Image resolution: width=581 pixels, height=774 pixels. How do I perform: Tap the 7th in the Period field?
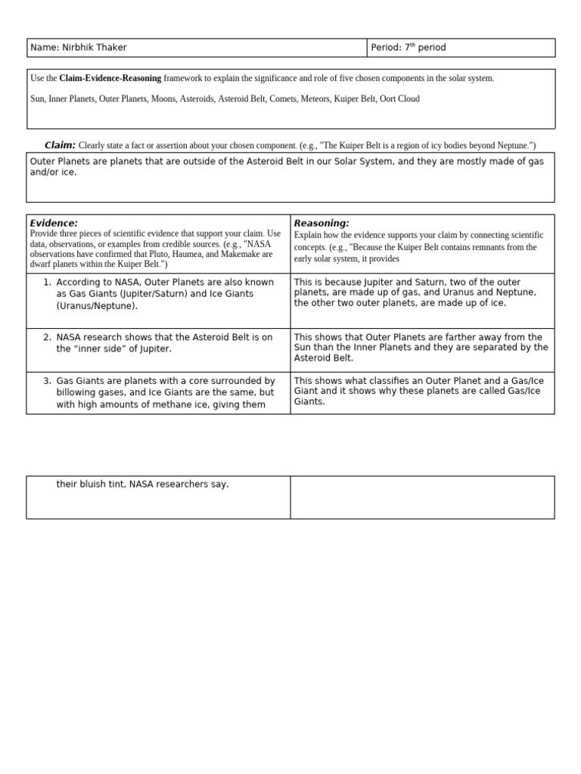coord(409,48)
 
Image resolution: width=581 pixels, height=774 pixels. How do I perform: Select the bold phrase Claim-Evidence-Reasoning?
coord(110,79)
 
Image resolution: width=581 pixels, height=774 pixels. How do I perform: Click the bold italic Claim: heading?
coord(60,145)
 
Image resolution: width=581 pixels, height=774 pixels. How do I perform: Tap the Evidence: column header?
coord(54,223)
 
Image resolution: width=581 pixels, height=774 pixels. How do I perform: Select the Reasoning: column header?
coord(322,223)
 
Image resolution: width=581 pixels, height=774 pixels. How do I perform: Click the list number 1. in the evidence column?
coord(48,283)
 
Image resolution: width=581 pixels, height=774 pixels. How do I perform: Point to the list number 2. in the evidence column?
coord(48,337)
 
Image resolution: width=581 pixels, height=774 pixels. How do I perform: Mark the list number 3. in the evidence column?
coord(48,381)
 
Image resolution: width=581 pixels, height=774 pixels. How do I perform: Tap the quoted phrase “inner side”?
coord(101,349)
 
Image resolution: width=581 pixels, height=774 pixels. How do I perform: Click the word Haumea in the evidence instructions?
coord(166,255)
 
